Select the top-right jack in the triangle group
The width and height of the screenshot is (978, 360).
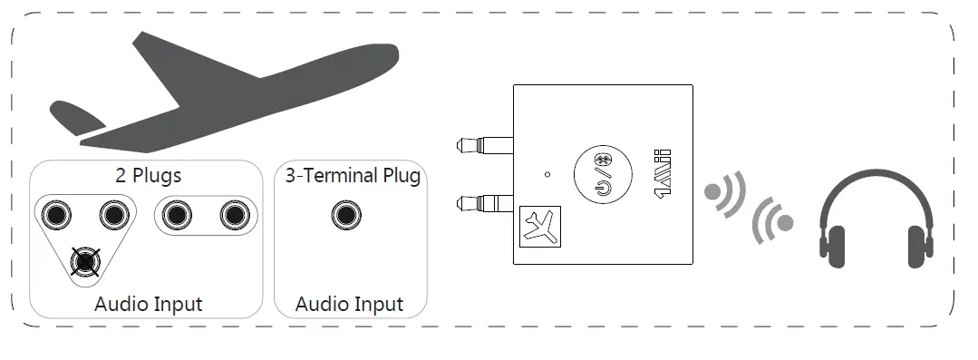tap(111, 215)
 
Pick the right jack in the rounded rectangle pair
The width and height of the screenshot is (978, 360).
tap(233, 215)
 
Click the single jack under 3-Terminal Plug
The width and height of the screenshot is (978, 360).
tap(344, 215)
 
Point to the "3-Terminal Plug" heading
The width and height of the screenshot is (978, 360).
tap(353, 175)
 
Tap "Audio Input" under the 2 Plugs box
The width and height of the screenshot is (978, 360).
tap(148, 304)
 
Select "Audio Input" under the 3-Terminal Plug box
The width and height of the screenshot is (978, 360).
tap(349, 304)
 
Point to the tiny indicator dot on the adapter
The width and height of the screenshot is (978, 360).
tap(547, 173)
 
